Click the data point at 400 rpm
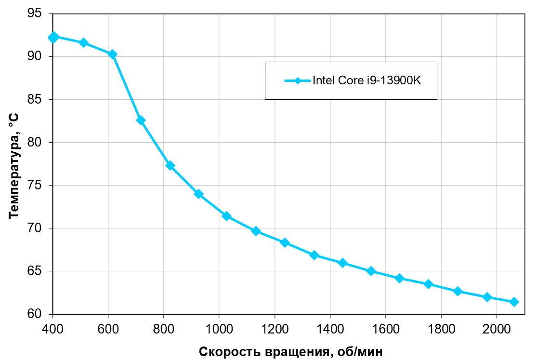click(53, 37)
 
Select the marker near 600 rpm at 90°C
click(112, 54)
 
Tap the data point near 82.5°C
click(141, 120)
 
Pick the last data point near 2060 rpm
click(514, 302)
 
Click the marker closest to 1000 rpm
click(226, 216)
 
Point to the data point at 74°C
click(198, 194)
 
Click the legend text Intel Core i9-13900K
click(367, 80)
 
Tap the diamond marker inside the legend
click(298, 80)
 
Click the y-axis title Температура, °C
click(14, 166)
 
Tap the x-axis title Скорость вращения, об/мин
click(291, 351)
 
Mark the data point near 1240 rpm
click(285, 242)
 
